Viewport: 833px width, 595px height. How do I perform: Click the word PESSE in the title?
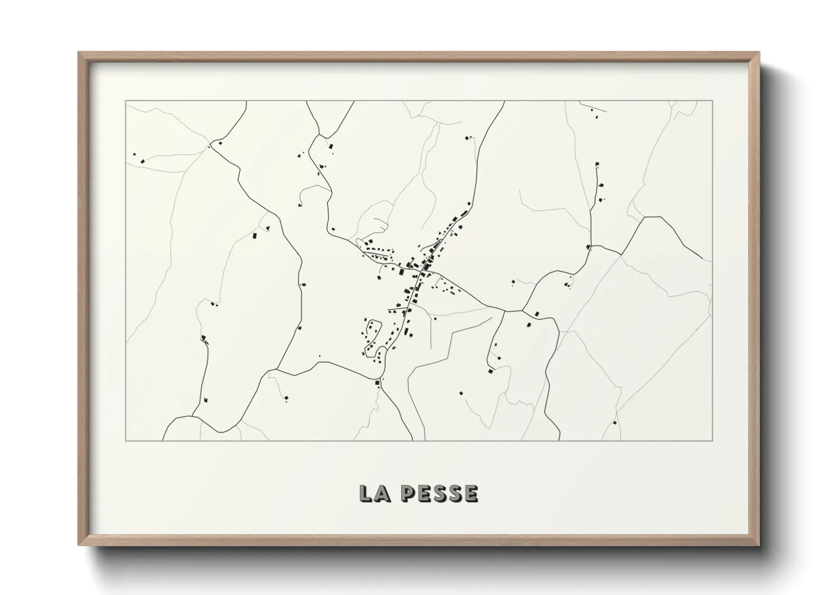point(440,493)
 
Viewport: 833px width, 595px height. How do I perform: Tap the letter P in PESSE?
point(409,493)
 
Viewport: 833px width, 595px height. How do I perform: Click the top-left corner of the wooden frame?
point(79,52)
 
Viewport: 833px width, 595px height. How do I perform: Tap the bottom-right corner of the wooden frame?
point(759,546)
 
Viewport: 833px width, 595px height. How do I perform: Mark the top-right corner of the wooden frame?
point(759,52)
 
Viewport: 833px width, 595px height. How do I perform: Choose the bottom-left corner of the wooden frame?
point(79,546)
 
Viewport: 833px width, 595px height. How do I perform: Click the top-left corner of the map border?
point(126,101)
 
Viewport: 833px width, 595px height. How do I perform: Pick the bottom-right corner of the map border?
point(713,441)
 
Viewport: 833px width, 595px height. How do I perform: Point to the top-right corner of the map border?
point(713,101)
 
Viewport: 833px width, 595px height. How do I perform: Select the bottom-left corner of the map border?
point(126,441)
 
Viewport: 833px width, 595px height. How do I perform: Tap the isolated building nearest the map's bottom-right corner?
point(615,422)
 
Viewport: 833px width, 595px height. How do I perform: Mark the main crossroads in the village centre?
point(423,272)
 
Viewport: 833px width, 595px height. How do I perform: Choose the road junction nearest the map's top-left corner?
point(209,146)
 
